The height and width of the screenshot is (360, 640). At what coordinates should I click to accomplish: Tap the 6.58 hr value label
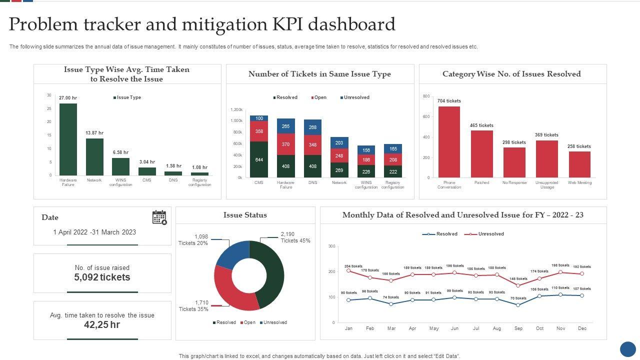pyautogui.click(x=121, y=152)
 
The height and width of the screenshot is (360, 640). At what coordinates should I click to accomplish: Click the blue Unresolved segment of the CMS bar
pyautogui.click(x=259, y=118)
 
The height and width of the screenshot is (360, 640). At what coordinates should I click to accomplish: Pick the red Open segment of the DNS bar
pyautogui.click(x=312, y=145)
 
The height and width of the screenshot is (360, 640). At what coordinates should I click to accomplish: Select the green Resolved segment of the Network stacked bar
pyautogui.click(x=339, y=170)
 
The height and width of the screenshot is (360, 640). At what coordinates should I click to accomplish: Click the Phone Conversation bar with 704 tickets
pyautogui.click(x=449, y=142)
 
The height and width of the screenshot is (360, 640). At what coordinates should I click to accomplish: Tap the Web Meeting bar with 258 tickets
pyautogui.click(x=579, y=164)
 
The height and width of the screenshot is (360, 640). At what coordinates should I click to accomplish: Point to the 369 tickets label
pyautogui.click(x=546, y=135)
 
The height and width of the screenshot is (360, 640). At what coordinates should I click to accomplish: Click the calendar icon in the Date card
pyautogui.click(x=159, y=217)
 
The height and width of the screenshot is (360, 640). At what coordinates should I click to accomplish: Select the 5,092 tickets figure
pyautogui.click(x=102, y=277)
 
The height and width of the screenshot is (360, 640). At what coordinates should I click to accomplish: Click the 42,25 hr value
pyautogui.click(x=102, y=325)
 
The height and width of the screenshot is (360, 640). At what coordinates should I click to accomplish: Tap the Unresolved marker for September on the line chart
pyautogui.click(x=518, y=286)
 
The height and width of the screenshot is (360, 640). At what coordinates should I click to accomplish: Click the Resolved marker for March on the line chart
pyautogui.click(x=391, y=304)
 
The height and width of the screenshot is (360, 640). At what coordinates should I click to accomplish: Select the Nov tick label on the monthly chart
pyautogui.click(x=560, y=328)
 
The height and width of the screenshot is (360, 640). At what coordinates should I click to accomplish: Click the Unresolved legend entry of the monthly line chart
pyautogui.click(x=490, y=234)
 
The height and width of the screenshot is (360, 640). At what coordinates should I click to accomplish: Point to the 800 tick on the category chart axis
pyautogui.click(x=426, y=96)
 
